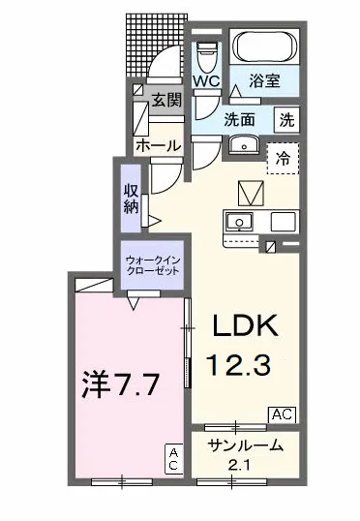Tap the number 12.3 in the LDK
pos(245,366)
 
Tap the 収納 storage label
pos(132,199)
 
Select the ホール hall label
pos(155,146)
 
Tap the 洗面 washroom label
pos(240,121)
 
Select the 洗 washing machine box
pos(288,121)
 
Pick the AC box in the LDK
pos(281,414)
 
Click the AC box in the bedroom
pos(173,459)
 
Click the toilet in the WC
pos(205,53)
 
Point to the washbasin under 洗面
pos(242,147)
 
